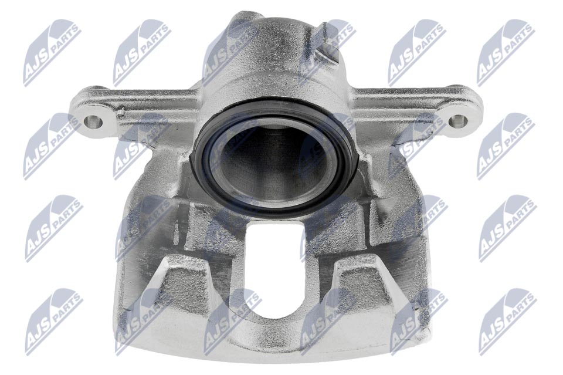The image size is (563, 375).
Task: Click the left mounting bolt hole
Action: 91,122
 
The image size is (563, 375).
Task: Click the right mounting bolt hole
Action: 458,121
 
